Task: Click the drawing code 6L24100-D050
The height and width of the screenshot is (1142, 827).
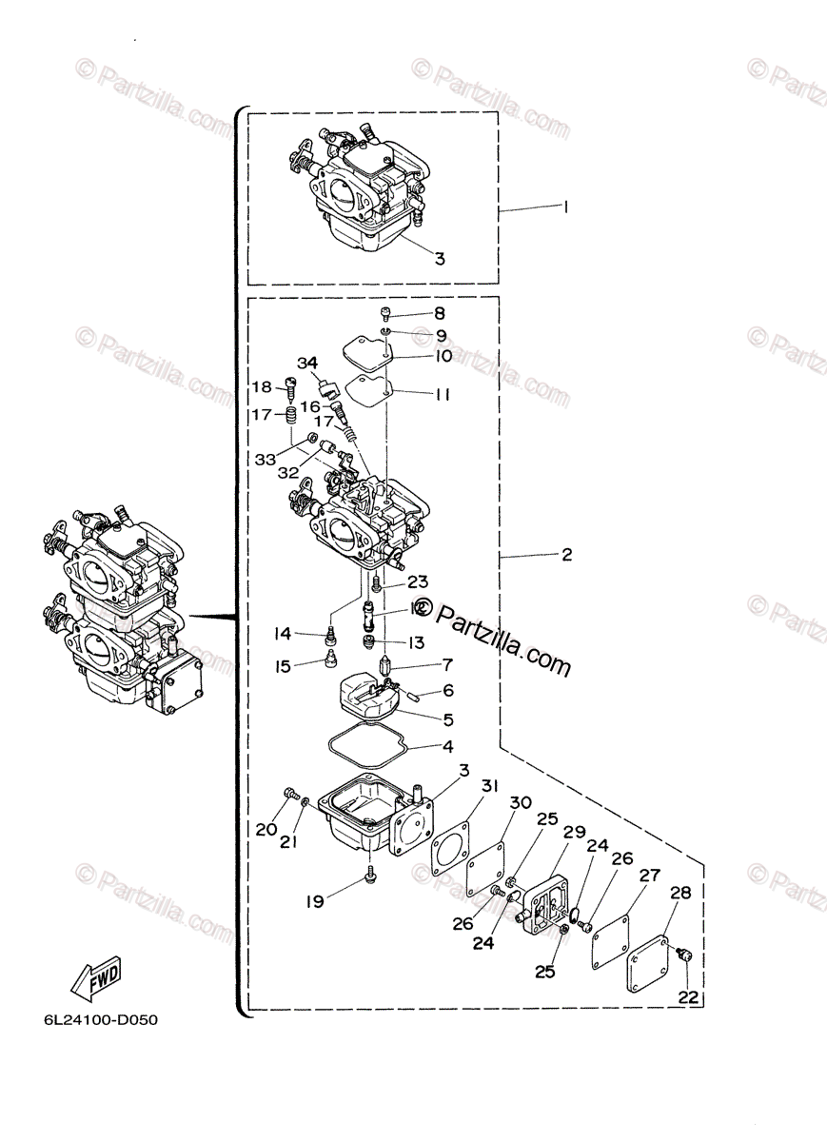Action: click(x=100, y=1021)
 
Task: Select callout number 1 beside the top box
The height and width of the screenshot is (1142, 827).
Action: click(x=565, y=207)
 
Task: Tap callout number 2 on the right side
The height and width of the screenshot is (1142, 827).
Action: click(x=566, y=554)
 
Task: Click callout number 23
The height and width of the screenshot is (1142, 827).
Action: click(x=418, y=581)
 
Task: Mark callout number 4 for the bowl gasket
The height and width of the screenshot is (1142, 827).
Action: click(x=445, y=746)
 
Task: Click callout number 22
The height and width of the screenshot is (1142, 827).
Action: click(x=687, y=996)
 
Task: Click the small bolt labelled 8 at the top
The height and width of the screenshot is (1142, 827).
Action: click(x=384, y=313)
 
